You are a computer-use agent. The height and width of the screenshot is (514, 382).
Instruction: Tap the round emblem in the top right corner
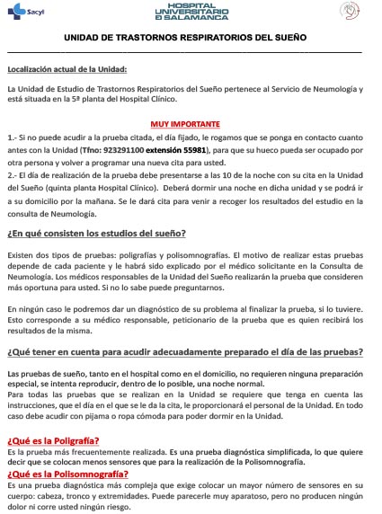click(x=351, y=12)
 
